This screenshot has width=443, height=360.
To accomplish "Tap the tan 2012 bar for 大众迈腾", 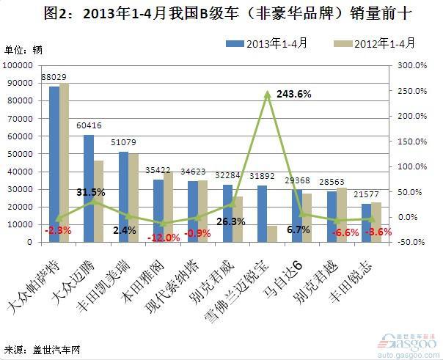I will coord(99,201).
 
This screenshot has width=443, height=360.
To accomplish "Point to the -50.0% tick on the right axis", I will coord(411,242).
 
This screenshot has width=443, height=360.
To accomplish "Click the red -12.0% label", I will coord(163,238).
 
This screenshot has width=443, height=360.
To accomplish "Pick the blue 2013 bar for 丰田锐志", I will coord(366,222).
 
